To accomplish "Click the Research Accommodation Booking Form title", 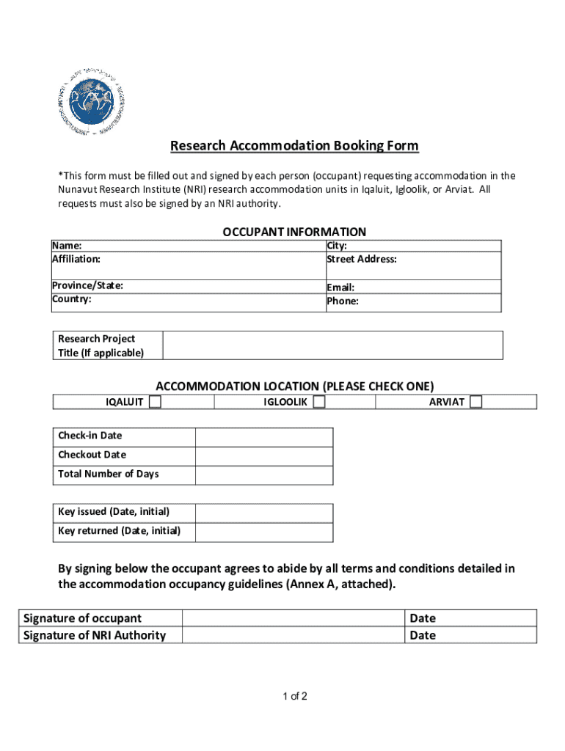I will (294, 146).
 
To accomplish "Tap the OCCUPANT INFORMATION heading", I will (294, 232).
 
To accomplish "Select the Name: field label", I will (67, 246).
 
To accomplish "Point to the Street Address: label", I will (362, 260).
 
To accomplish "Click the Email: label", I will (341, 287).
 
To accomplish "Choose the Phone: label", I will (343, 301).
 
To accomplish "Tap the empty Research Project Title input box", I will (332, 345).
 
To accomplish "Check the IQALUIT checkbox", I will (156, 402).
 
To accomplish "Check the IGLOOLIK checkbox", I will (318, 402).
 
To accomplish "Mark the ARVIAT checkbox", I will (476, 402).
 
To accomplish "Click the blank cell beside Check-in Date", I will (263, 437).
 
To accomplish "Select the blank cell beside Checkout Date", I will (263, 455).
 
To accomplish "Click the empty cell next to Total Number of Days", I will (263, 475).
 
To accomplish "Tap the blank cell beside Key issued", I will (264, 512).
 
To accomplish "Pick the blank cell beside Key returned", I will (264, 532).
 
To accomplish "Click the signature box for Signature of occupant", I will (293, 618).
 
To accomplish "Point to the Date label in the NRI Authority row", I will (423, 635).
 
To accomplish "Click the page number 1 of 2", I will (294, 696).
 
